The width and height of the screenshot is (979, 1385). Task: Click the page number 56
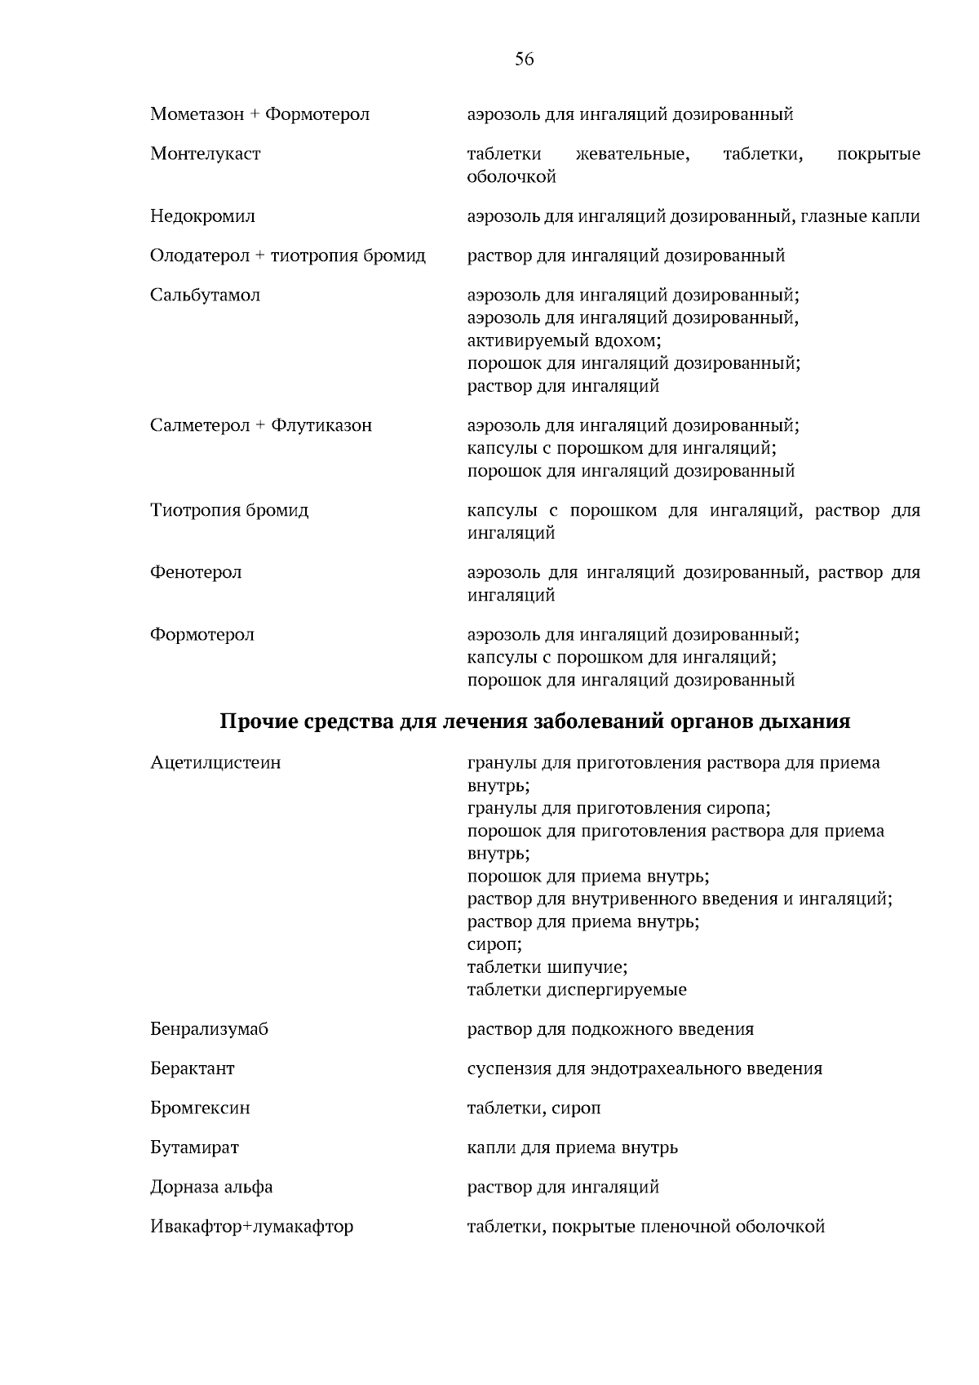(525, 59)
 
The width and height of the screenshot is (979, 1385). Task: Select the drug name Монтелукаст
(205, 154)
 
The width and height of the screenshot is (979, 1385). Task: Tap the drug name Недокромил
(202, 216)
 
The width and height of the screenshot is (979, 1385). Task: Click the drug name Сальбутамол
(205, 295)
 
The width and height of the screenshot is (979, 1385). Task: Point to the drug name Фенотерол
(196, 572)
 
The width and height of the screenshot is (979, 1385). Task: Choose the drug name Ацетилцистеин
(215, 762)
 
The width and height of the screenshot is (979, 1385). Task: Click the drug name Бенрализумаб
(209, 1028)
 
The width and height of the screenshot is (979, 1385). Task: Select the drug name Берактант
(192, 1068)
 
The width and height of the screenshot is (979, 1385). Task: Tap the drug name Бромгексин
(200, 1108)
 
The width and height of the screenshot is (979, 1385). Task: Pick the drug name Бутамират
(194, 1148)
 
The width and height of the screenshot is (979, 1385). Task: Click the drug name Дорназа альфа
(211, 1187)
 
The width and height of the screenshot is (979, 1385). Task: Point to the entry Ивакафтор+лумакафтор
(251, 1227)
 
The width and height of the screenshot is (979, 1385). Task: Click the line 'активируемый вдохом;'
(564, 340)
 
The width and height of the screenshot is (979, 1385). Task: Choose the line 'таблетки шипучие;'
(547, 967)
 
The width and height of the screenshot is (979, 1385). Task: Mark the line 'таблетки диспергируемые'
(577, 990)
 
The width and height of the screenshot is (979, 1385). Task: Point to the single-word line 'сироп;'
(494, 944)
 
